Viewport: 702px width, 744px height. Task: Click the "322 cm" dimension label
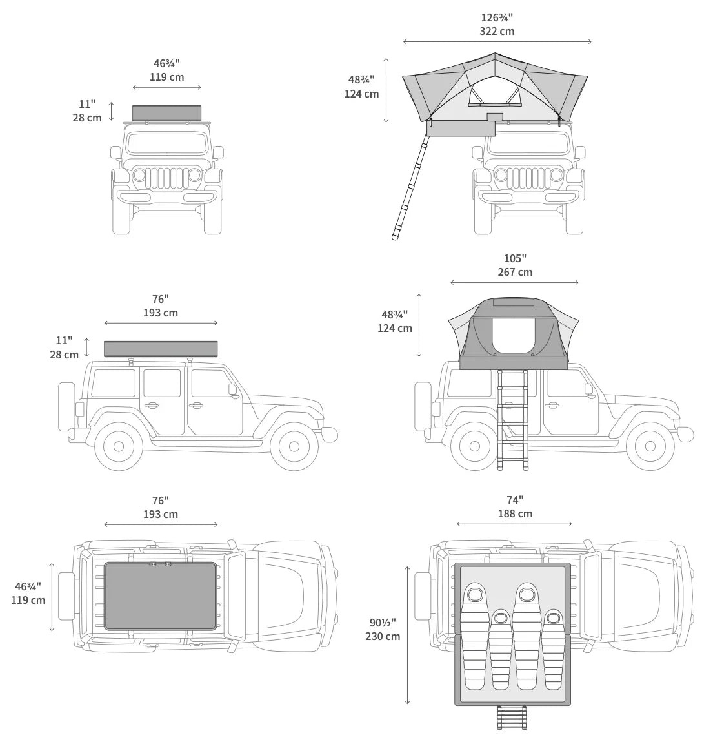tap(496, 31)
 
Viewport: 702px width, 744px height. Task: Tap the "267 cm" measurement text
tap(514, 272)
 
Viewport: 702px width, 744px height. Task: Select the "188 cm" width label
tap(514, 513)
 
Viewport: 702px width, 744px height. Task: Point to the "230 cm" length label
tap(382, 636)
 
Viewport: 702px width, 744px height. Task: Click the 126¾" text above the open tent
tap(496, 17)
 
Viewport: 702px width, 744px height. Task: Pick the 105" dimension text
tap(514, 258)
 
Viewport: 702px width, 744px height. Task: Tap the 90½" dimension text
tap(382, 623)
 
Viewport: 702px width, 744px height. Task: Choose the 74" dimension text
tap(514, 500)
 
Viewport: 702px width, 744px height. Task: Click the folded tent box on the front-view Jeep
tap(166, 113)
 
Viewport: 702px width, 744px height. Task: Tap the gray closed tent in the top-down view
tap(160, 595)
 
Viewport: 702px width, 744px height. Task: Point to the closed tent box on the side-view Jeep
tap(161, 349)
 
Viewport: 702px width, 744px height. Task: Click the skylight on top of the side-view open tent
tap(513, 302)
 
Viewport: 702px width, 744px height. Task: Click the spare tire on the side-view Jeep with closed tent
tap(66, 406)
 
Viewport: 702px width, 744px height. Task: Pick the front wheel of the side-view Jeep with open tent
tap(650, 446)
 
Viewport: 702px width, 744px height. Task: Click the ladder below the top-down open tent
tap(512, 717)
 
